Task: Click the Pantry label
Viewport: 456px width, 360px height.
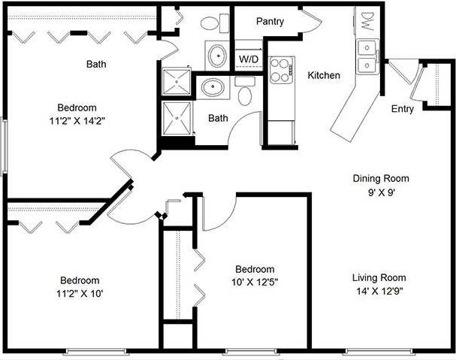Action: [270, 22]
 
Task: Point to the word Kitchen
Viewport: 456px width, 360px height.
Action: [324, 75]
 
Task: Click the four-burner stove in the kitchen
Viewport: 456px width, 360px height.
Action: [281, 70]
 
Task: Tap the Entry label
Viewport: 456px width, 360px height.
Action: [403, 109]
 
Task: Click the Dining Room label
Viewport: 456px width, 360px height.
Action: [381, 178]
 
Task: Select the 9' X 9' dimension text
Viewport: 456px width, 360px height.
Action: [381, 192]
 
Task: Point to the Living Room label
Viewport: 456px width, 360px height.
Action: [379, 278]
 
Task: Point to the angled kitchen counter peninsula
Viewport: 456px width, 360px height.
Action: [353, 109]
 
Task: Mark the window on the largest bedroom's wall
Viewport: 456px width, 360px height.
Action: [4, 146]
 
